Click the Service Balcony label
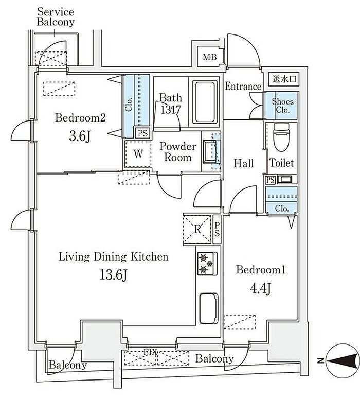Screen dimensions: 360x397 (56, 17)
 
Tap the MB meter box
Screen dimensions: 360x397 (210, 57)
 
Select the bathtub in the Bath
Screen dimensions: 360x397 (205, 102)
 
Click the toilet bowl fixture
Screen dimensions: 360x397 (281, 137)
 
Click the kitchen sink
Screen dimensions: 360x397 (209, 308)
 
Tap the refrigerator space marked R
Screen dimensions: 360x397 (197, 229)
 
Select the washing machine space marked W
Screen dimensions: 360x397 (138, 153)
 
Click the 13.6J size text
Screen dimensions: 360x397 (113, 274)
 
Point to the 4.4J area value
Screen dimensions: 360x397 (260, 288)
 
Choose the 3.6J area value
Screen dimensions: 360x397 (80, 136)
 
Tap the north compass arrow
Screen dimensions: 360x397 (343, 361)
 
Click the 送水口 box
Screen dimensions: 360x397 (284, 79)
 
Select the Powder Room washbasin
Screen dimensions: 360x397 (211, 151)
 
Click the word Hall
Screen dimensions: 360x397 (243, 163)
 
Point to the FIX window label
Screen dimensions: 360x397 (150, 352)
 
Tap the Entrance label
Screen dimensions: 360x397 (243, 87)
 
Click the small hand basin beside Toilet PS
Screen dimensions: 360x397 (285, 180)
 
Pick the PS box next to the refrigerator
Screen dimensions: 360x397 (217, 229)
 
